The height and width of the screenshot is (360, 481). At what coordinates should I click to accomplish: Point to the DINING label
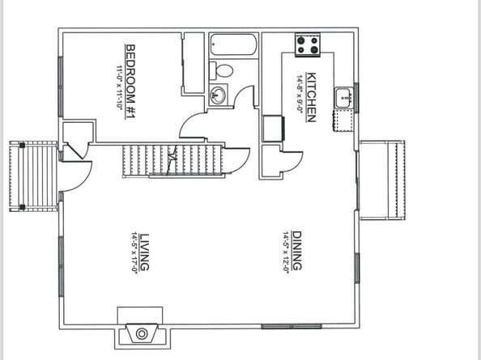coord(296,252)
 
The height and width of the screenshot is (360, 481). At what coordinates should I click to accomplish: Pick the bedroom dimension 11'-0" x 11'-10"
coord(119,91)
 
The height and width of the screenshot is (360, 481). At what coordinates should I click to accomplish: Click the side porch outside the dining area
coord(381,180)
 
